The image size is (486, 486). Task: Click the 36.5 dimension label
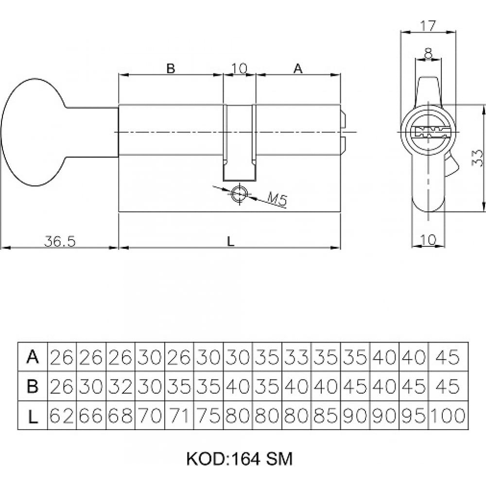tap(60, 241)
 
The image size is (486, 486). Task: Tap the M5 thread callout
tap(278, 199)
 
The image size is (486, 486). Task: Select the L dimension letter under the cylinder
tap(230, 241)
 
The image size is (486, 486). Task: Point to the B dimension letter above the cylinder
tap(171, 68)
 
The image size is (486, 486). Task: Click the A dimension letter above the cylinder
tap(298, 68)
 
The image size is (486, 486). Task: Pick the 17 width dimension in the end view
tap(428, 25)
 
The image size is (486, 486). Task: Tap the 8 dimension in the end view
tap(428, 53)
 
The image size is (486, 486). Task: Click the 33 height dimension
tap(477, 158)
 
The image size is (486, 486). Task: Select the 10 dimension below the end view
tap(428, 239)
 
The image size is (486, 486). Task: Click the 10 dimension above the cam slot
tap(239, 68)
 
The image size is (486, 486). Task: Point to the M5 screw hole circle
tap(240, 194)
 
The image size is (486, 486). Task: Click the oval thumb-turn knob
tap(33, 132)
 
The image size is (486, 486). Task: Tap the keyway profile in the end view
tap(429, 132)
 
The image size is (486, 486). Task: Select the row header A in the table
tap(33, 357)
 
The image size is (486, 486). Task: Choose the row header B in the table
tap(33, 386)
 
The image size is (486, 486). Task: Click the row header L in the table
tap(33, 416)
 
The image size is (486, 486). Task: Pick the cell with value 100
tap(448, 416)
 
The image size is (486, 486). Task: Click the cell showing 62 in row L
tap(62, 416)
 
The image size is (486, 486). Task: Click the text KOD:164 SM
tap(239, 459)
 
